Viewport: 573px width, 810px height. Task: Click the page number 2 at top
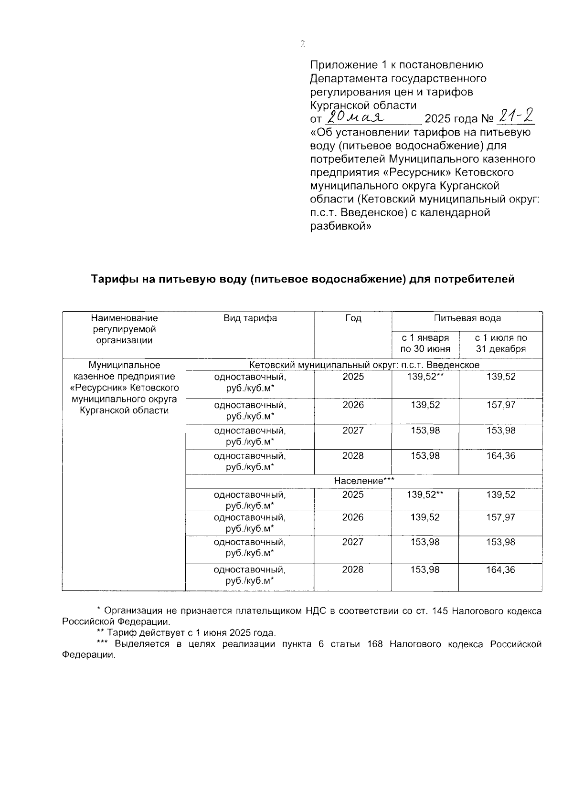coord(302,44)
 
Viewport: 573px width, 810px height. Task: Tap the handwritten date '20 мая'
coord(356,117)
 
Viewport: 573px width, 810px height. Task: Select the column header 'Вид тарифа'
coord(250,318)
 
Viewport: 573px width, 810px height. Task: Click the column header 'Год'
coord(353,318)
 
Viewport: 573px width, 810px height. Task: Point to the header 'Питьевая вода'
coord(467,318)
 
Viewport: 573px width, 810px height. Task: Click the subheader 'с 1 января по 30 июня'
coord(425,343)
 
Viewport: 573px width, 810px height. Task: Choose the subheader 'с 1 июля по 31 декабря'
coord(500,343)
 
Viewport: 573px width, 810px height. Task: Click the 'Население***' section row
coord(364,481)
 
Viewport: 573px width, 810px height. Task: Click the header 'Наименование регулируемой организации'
coord(124,329)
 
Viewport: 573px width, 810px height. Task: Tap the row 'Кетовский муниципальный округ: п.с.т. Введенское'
coord(364,365)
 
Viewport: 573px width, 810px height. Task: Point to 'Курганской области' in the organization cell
coord(124,410)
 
